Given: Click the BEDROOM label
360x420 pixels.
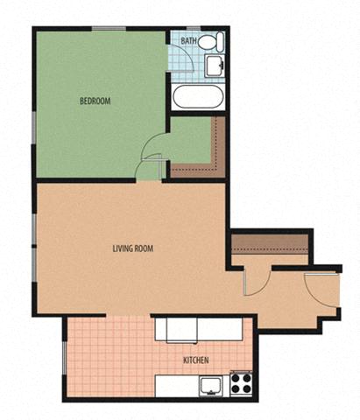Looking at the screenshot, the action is (95, 101).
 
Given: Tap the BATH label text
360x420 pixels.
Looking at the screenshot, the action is (188, 40).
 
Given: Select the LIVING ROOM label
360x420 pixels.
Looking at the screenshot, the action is (133, 248).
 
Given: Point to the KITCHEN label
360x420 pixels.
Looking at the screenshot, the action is (196, 360).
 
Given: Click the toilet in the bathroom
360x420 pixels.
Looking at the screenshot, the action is (211, 42).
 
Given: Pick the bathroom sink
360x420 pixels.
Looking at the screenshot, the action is (215, 66).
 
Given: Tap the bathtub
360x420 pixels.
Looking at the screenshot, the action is (198, 97).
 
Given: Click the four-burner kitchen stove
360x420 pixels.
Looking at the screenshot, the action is (241, 383).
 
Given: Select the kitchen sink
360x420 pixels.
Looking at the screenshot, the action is (210, 386).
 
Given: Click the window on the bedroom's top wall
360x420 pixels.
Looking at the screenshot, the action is (109, 28).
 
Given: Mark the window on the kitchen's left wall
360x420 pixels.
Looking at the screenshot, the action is (65, 357).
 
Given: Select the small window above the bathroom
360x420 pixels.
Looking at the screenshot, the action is (194, 28).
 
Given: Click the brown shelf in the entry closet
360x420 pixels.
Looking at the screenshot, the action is (270, 244).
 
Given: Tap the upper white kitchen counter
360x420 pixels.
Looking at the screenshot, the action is (199, 329).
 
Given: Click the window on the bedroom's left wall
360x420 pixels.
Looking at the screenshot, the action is (34, 128).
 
